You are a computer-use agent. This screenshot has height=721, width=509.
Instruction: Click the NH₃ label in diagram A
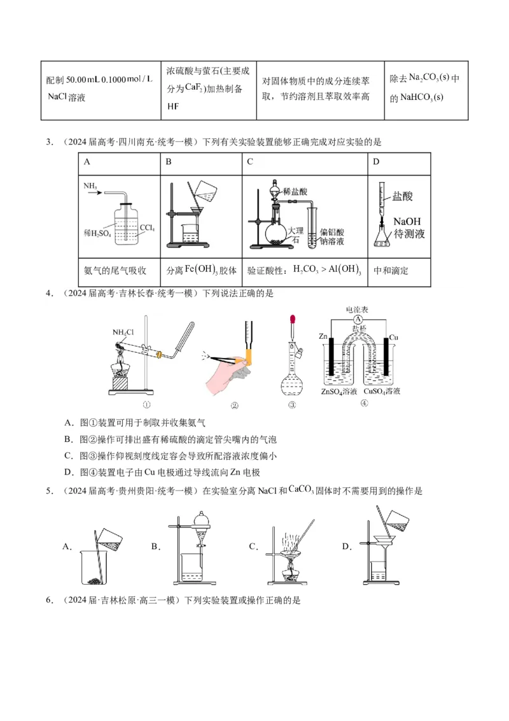coord(89,185)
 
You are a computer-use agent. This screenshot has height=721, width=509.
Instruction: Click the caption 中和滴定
coord(391,271)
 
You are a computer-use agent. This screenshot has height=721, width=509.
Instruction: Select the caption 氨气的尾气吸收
coord(115,271)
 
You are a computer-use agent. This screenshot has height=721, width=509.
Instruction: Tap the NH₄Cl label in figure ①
coord(123,332)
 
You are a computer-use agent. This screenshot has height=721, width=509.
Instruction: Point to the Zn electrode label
coord(325,335)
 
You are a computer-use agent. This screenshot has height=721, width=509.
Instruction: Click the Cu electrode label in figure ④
coord(393,335)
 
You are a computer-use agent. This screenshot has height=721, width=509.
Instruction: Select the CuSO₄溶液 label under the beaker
coord(382,391)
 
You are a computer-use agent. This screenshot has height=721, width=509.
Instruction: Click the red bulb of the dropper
coord(293,319)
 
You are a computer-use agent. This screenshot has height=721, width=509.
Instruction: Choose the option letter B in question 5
coord(155,546)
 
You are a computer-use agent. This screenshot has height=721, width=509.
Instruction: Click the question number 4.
coord(48,293)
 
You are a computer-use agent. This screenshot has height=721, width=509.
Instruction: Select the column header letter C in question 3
coord(250,162)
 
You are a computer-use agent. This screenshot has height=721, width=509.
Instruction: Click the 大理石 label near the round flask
coord(295,234)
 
